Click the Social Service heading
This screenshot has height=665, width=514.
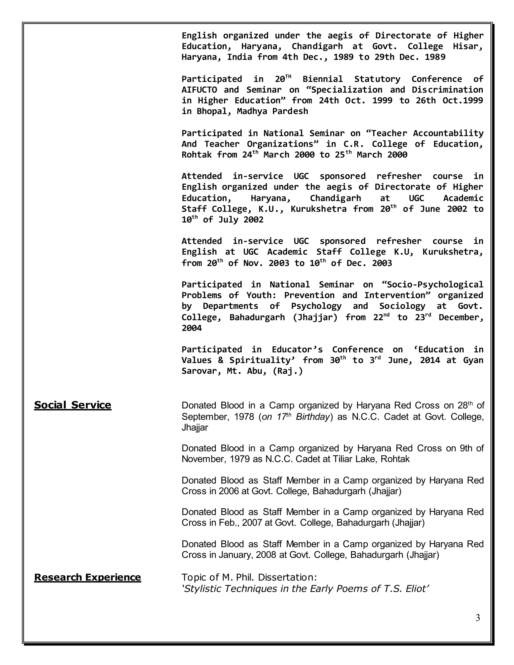tap(73, 405)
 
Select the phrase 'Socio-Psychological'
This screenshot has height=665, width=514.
tap(432, 285)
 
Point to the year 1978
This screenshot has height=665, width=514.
tap(244, 417)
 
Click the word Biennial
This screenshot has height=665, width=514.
tap(323, 79)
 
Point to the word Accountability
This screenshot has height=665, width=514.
tap(448, 133)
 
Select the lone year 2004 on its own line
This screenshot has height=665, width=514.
tap(191, 328)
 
